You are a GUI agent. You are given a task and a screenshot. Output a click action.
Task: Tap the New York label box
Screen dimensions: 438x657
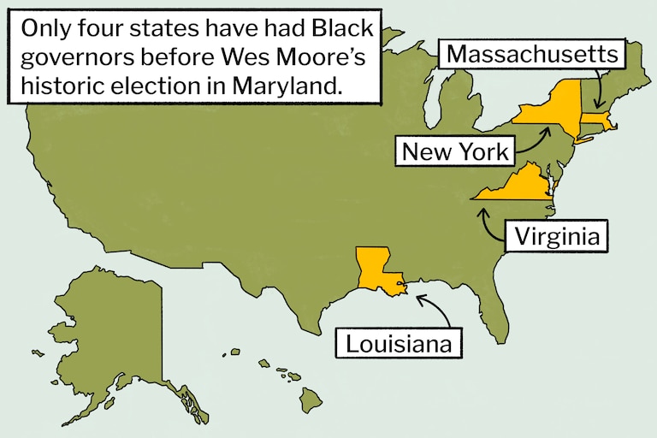[x=455, y=152]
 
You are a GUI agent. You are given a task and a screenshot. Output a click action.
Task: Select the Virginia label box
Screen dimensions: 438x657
[x=557, y=235]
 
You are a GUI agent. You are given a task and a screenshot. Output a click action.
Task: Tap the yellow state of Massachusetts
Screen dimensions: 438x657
[x=599, y=121]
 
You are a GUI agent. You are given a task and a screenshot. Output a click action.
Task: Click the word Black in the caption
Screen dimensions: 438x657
[x=343, y=29]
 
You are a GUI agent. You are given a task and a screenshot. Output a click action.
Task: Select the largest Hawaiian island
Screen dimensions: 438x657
[x=310, y=398]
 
